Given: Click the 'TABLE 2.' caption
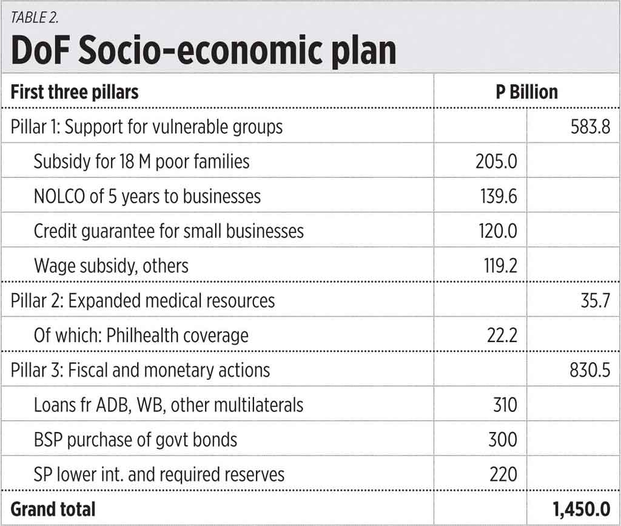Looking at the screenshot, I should click(x=35, y=17).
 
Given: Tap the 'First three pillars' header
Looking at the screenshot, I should click(x=75, y=92).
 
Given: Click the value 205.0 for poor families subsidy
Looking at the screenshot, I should click(x=497, y=161).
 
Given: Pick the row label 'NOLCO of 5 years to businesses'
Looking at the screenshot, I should click(x=147, y=196).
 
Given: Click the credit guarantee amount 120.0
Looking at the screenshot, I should click(x=497, y=231).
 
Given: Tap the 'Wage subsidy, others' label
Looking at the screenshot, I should click(x=111, y=266).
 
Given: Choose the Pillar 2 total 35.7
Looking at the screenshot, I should click(x=595, y=300).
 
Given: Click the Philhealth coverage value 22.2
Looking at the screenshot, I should click(x=502, y=335).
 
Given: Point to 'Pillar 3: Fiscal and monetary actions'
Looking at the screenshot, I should click(x=140, y=369).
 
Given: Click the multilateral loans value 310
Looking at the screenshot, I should click(x=503, y=405).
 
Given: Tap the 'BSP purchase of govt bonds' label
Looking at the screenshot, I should click(x=135, y=439).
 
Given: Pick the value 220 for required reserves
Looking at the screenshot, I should click(x=503, y=474).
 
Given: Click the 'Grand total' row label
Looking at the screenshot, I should click(x=53, y=508).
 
